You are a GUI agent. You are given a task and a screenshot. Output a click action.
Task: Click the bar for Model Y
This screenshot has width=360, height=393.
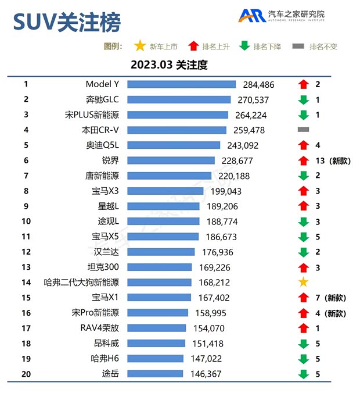[181, 84]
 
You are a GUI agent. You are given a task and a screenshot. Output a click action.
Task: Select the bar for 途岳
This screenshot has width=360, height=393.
[155, 374]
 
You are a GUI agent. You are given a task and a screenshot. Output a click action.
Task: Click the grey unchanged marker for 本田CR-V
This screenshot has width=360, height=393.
[303, 130]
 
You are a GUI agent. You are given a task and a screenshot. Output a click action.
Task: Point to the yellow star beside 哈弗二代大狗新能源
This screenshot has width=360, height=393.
[303, 283]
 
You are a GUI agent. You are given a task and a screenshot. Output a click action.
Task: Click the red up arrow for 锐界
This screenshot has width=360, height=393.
[303, 160]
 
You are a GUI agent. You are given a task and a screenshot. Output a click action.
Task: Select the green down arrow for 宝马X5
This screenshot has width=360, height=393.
[303, 237]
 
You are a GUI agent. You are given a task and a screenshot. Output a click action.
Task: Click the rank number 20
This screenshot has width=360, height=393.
[26, 374]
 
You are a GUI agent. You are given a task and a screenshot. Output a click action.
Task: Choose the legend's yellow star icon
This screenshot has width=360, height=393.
[139, 46]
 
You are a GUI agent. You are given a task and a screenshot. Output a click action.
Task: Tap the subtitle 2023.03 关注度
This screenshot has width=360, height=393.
[168, 65]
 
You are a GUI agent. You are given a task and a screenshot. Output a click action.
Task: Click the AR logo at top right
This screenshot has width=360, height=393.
[251, 16]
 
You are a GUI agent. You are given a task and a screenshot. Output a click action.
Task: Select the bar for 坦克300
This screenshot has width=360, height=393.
[159, 267]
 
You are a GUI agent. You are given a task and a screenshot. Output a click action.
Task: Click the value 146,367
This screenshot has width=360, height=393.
[205, 374]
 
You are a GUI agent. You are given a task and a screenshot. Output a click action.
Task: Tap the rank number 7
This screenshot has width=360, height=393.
[26, 176]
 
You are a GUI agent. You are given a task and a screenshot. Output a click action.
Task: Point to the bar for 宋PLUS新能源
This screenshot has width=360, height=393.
[177, 115]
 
